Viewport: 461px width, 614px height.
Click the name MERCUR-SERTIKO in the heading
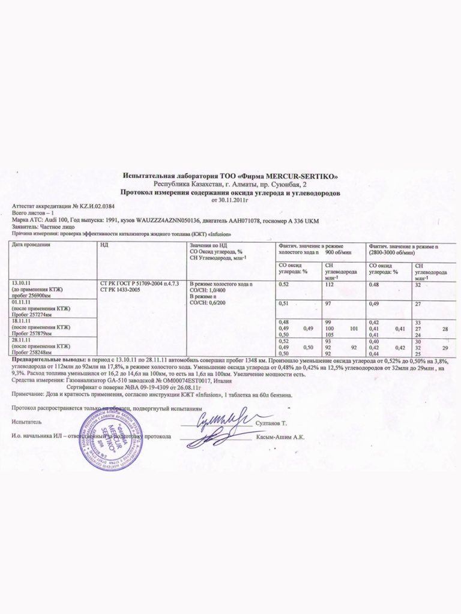(301, 176)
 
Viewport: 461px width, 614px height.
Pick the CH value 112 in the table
(328, 284)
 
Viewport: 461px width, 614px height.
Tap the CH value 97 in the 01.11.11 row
(327, 305)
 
